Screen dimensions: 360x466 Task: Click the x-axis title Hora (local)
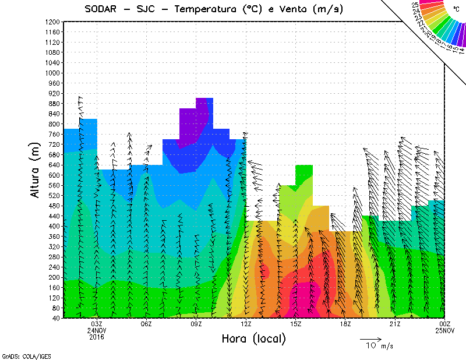point(253,339)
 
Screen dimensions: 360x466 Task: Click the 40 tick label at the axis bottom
point(56,318)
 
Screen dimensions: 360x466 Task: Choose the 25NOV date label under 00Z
point(444,331)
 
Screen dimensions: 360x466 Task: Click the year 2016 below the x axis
point(97,337)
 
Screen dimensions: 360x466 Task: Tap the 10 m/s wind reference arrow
point(370,338)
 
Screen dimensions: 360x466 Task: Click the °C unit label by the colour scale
point(456,9)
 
